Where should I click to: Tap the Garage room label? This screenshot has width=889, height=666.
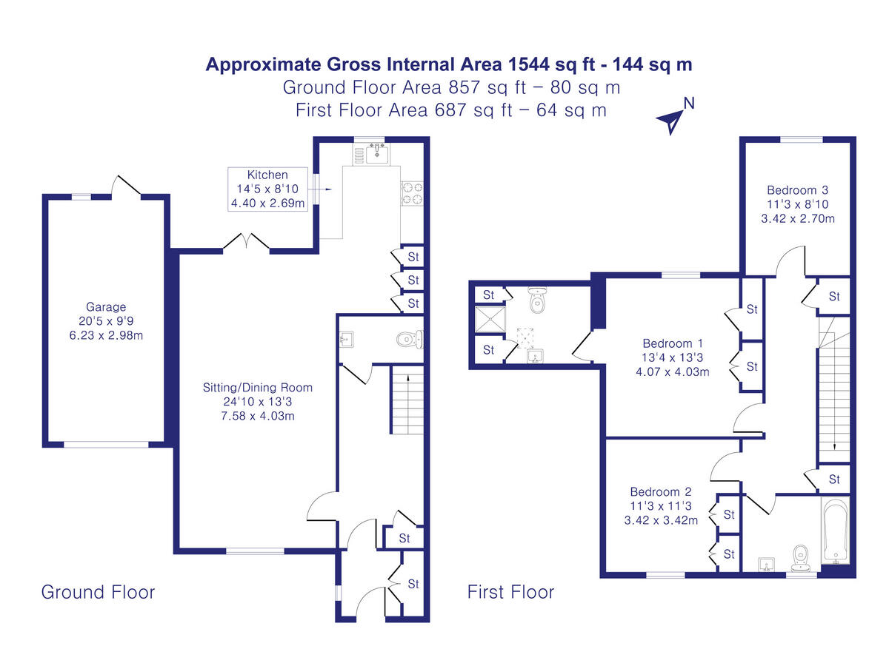click(x=106, y=306)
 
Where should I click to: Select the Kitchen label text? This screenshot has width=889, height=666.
click(x=267, y=175)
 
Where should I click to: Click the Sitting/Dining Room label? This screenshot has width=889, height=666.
click(x=258, y=387)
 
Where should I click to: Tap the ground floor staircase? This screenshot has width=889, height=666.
click(x=407, y=403)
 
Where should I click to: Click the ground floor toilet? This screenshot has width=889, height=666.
click(x=408, y=340)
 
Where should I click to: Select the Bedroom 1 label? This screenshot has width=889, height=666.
click(x=673, y=343)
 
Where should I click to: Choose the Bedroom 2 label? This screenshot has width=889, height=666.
click(x=661, y=492)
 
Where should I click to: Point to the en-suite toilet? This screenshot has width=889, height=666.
click(x=537, y=302)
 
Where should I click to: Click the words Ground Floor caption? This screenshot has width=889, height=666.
click(x=98, y=592)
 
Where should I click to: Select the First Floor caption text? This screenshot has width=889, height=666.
click(x=510, y=592)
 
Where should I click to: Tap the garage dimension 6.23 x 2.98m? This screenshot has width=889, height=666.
click(x=106, y=334)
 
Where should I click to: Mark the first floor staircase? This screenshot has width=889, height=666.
click(x=833, y=392)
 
